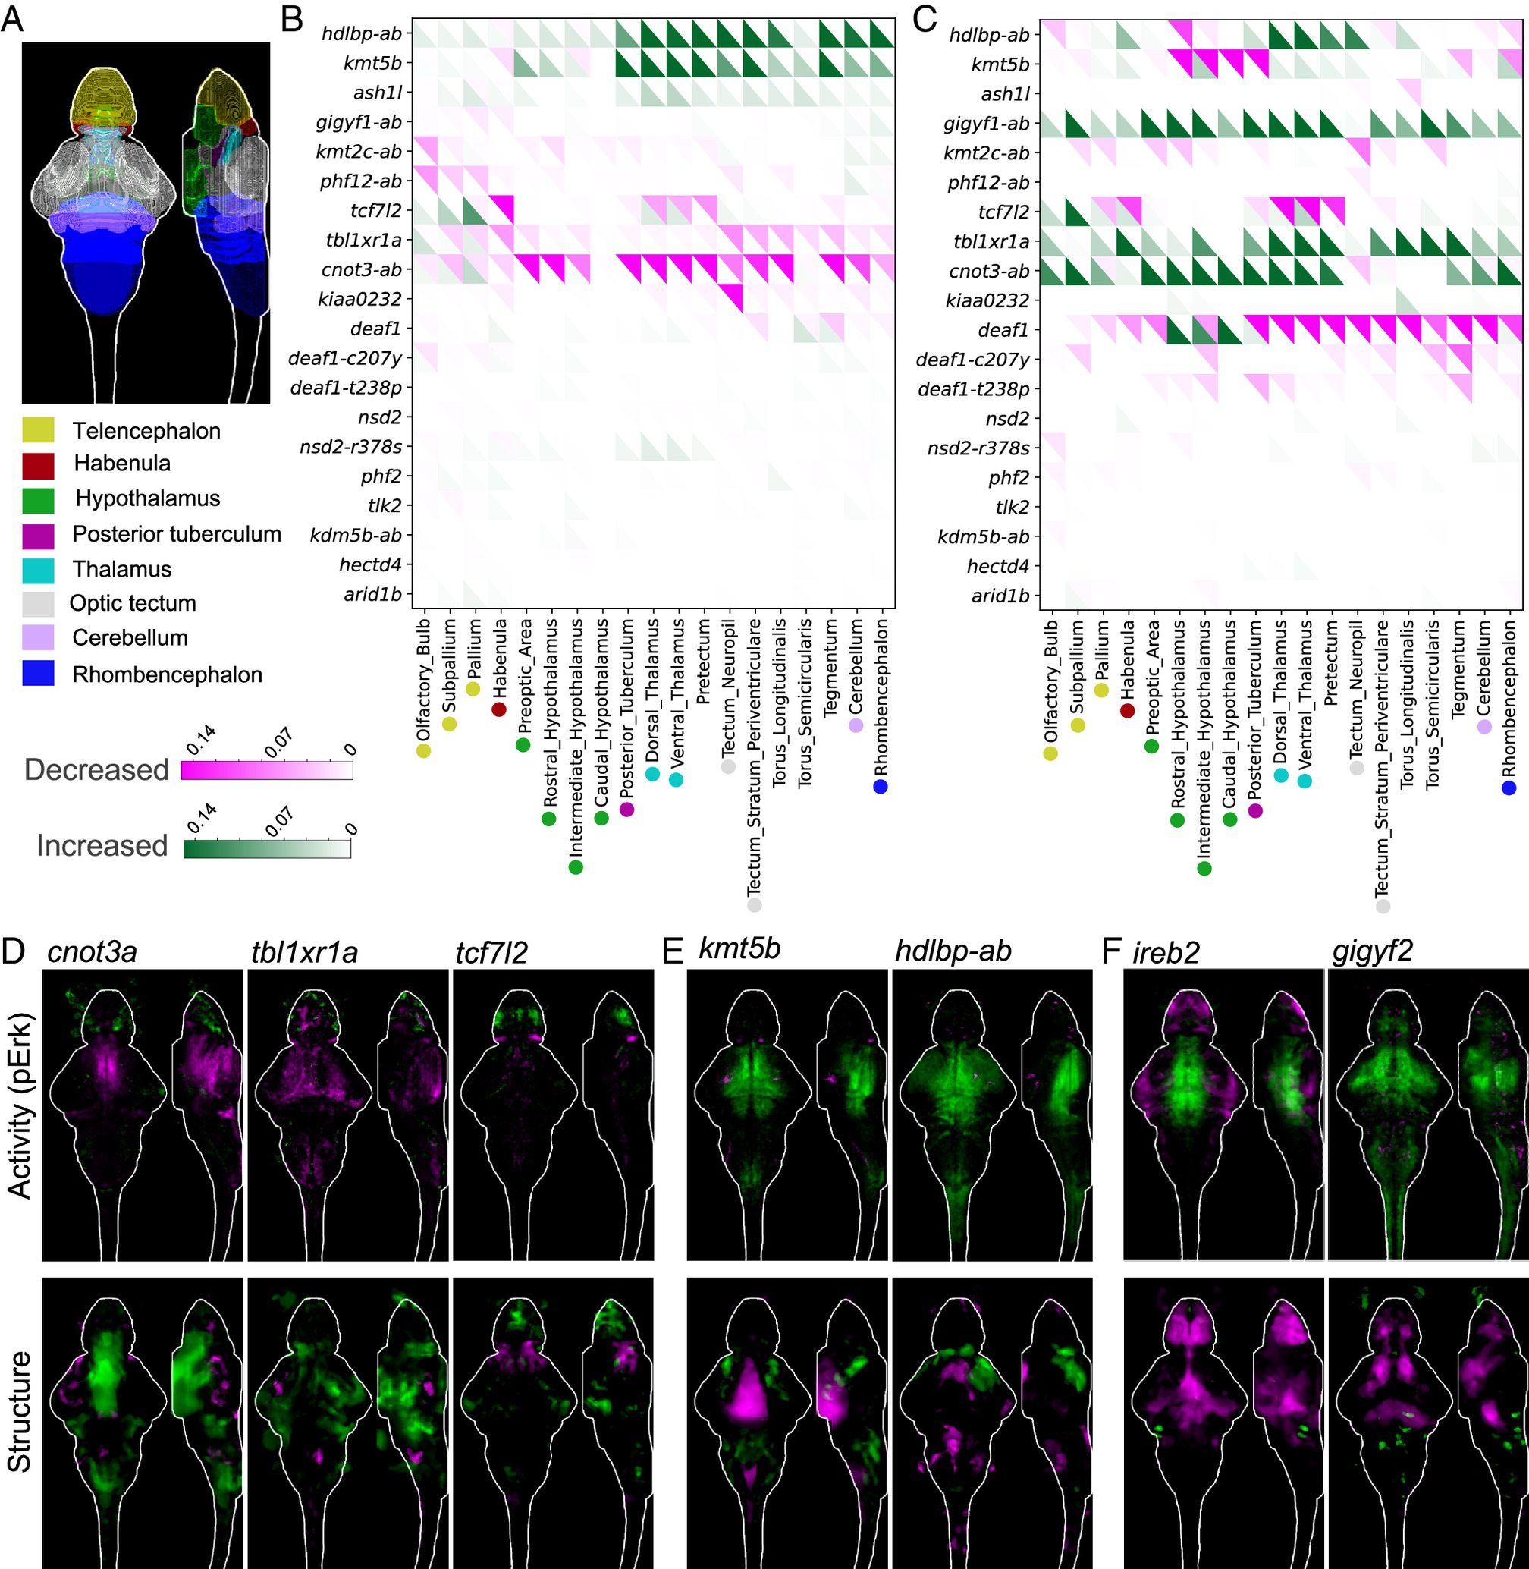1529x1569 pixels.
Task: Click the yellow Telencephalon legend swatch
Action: click(38, 430)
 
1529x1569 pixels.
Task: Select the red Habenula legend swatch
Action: click(38, 465)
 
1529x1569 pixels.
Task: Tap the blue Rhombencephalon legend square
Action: click(38, 673)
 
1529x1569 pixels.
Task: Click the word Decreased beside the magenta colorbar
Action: click(96, 769)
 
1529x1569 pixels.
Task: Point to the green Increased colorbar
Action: click(267, 849)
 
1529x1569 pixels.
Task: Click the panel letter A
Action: click(12, 19)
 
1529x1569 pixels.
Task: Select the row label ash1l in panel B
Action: click(378, 93)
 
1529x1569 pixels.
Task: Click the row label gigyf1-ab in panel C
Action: click(986, 124)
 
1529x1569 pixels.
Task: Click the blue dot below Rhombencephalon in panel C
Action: click(1509, 788)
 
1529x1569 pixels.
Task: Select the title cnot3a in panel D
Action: click(93, 953)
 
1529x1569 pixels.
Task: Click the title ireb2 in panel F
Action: click(1166, 953)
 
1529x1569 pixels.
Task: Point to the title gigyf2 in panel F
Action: click(1373, 953)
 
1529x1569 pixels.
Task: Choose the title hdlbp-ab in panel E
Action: click(953, 951)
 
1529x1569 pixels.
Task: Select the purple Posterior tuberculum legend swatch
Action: click(38, 536)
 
